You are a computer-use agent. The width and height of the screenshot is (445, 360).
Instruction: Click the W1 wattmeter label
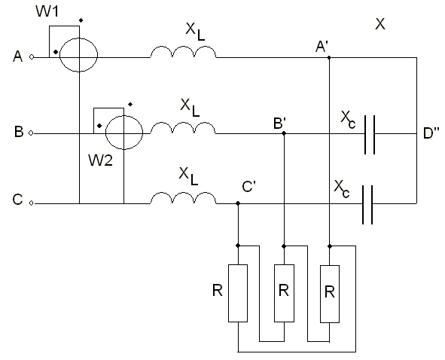click(47, 11)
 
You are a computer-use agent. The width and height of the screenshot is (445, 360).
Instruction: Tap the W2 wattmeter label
click(100, 160)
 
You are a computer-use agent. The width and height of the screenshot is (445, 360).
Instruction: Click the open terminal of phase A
click(32, 57)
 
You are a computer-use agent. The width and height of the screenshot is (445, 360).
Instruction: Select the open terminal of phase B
click(32, 133)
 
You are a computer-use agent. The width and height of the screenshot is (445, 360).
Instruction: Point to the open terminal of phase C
click(32, 203)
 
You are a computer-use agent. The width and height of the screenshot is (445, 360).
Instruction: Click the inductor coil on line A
click(183, 52)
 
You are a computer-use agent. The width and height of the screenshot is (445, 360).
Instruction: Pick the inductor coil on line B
click(183, 128)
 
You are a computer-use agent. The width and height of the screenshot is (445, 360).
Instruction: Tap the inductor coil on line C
click(183, 198)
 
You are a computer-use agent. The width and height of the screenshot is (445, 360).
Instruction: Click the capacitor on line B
click(370, 135)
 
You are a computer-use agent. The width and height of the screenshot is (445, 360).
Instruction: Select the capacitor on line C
click(367, 205)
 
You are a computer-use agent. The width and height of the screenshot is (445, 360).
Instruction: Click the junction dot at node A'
click(329, 58)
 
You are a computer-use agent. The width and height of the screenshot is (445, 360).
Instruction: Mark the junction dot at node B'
click(284, 133)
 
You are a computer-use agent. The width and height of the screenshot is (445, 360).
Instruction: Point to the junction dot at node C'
click(238, 203)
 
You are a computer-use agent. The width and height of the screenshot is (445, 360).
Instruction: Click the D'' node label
click(431, 133)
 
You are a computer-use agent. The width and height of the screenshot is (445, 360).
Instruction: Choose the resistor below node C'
click(238, 293)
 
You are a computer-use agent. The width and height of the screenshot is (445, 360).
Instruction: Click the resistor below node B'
click(284, 293)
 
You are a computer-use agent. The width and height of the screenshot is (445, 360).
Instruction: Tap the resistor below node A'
click(330, 294)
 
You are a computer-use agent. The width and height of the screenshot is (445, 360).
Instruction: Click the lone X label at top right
click(380, 24)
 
